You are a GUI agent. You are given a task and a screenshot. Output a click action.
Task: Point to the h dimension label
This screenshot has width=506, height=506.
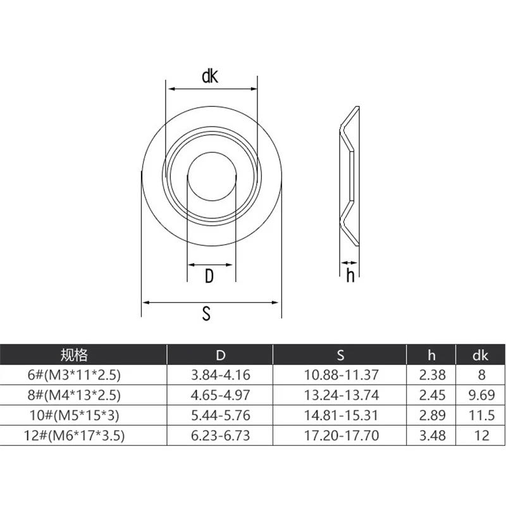pos(350,276)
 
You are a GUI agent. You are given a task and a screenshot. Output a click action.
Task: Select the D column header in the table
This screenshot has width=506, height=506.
pos(220,355)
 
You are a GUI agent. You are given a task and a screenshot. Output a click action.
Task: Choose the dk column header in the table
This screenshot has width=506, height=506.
pos(481,355)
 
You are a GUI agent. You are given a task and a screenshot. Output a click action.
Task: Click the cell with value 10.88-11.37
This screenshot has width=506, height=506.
pos(340,374)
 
